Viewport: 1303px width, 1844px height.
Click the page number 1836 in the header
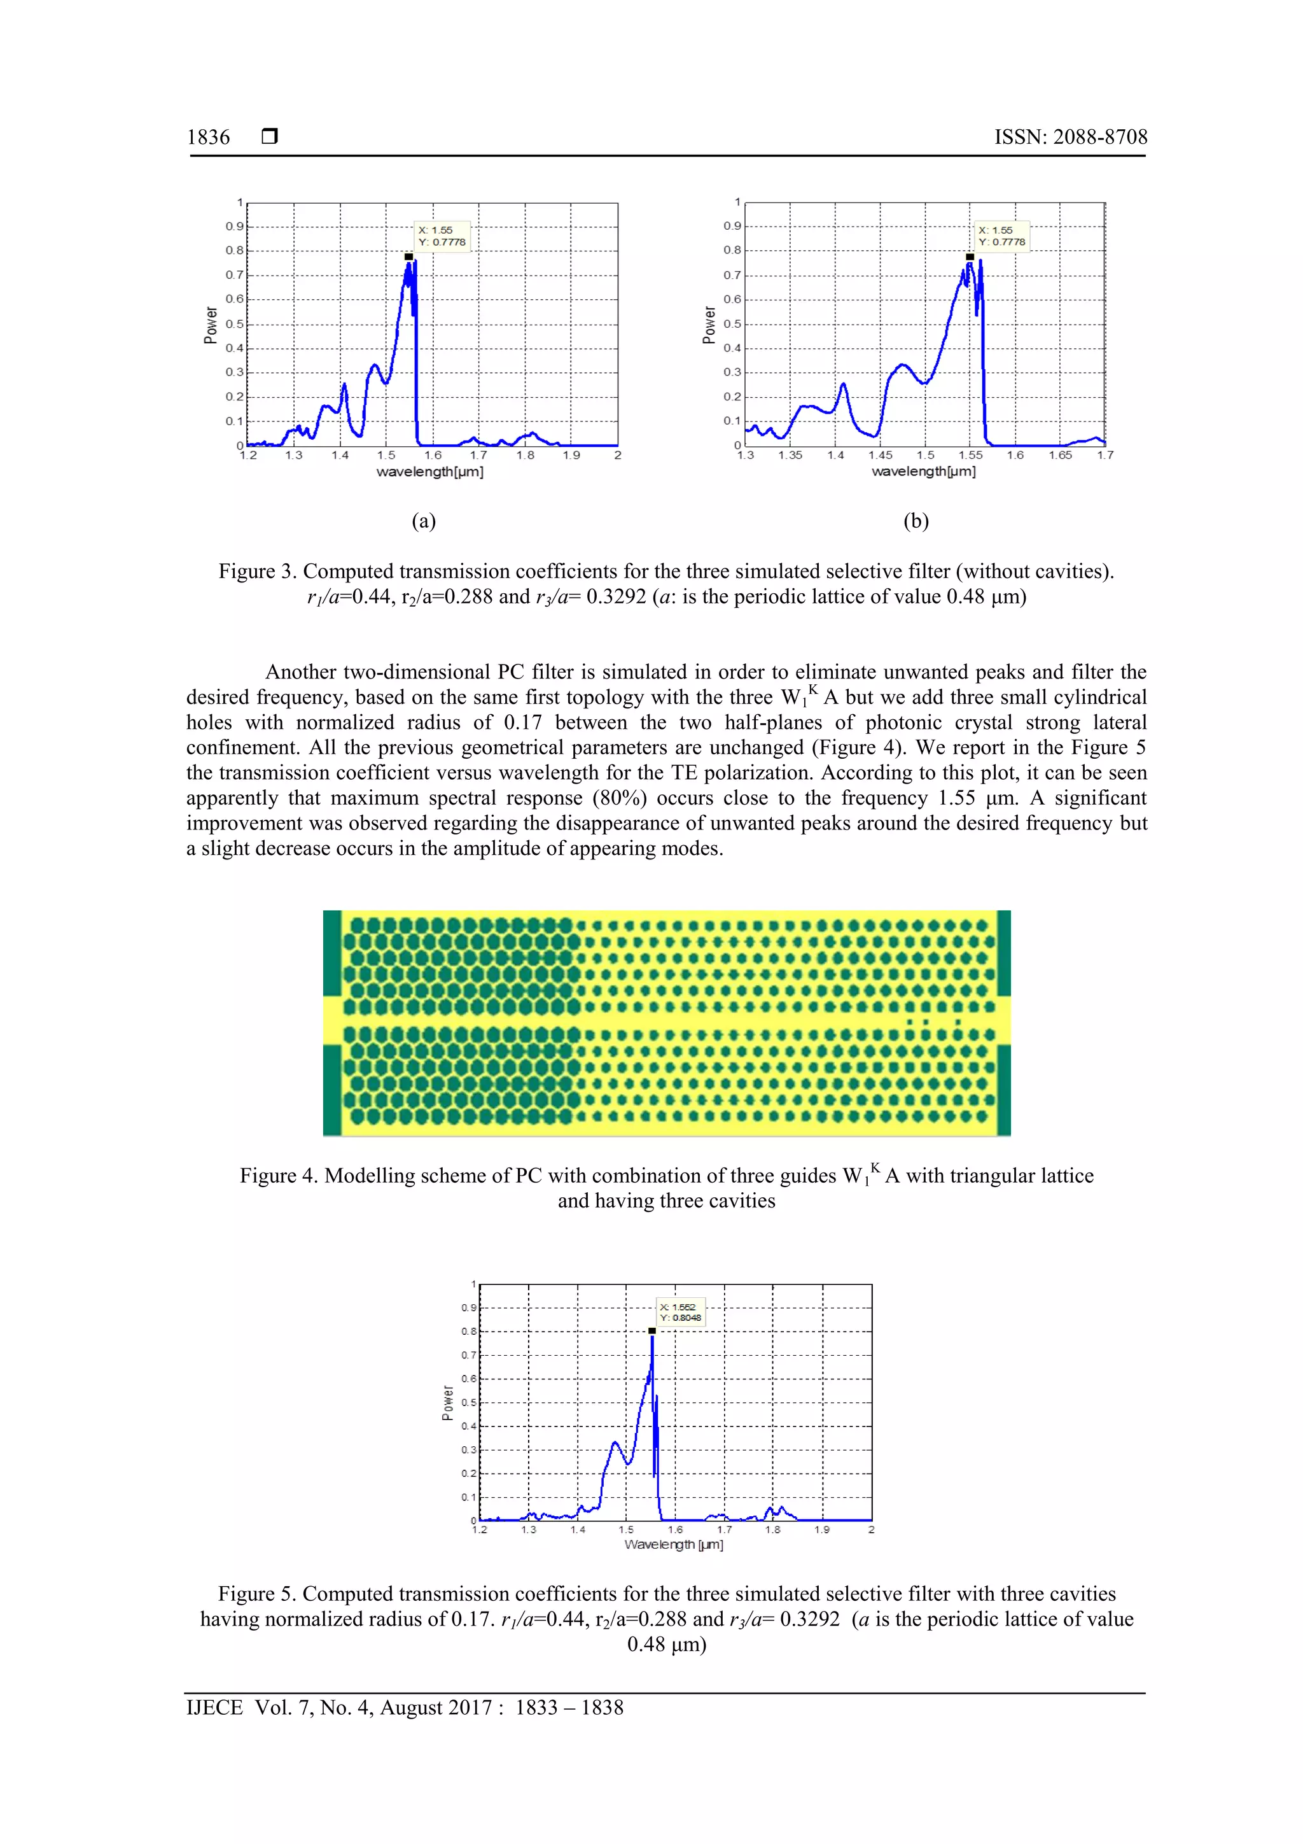208,137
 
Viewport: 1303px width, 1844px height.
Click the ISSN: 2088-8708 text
1070,137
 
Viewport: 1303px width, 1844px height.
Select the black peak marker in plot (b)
970,257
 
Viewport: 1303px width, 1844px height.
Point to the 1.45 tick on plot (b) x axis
880,455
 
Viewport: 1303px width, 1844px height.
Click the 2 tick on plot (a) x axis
617,455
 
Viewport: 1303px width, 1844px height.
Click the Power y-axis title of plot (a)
211,325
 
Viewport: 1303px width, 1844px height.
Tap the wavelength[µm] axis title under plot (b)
923,472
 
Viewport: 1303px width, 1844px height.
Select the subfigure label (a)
424,521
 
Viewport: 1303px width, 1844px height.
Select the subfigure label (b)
916,521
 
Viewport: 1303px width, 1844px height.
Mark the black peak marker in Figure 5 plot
652,1331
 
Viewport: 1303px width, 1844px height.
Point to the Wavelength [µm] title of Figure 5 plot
674,1544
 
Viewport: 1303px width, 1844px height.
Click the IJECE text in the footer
214,1708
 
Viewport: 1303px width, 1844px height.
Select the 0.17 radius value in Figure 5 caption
470,1619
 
